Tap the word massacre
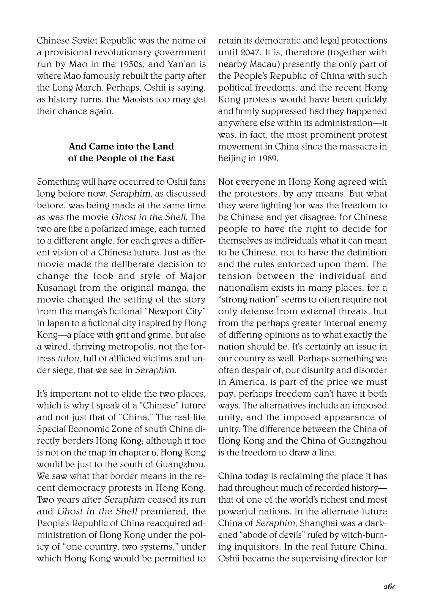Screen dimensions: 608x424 pos(349,147)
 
